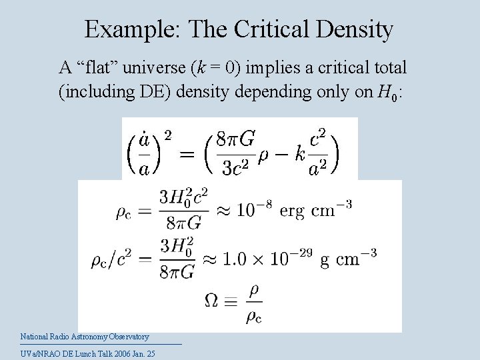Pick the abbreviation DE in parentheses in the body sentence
159,92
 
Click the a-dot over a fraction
143,154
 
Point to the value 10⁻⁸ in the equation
255,210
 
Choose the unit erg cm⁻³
315,210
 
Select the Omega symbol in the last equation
211,301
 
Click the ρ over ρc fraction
253,301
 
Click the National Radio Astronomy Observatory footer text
85,337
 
